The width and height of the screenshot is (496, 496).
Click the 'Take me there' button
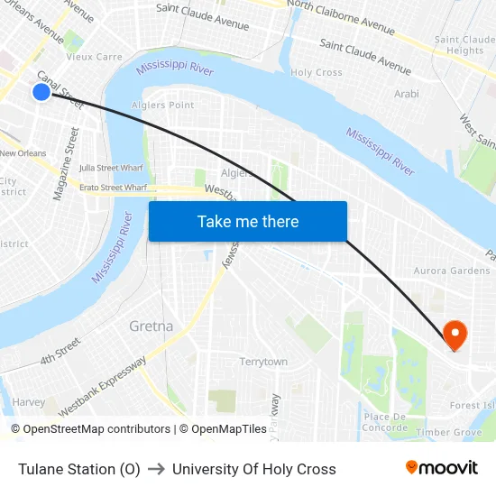248,221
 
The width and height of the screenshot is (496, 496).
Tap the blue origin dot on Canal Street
41,92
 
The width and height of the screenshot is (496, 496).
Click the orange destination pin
455,335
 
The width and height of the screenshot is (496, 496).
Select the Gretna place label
151,326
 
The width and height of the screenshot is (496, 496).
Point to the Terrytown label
263,362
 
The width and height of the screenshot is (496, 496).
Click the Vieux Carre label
94,57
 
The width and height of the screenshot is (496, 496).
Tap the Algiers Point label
162,106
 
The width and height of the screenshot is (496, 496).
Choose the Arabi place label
408,94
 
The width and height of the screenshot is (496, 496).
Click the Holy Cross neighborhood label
316,72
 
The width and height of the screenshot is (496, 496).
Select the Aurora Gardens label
451,271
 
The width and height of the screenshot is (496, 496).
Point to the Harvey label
29,402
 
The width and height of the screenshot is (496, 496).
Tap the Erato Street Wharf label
113,188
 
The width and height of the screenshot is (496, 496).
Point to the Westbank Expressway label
103,387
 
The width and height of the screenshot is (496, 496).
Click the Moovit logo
441,467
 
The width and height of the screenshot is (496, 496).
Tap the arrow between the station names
156,469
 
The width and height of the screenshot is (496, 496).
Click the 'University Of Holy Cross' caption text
253,469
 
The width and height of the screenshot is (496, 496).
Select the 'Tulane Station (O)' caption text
79,469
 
